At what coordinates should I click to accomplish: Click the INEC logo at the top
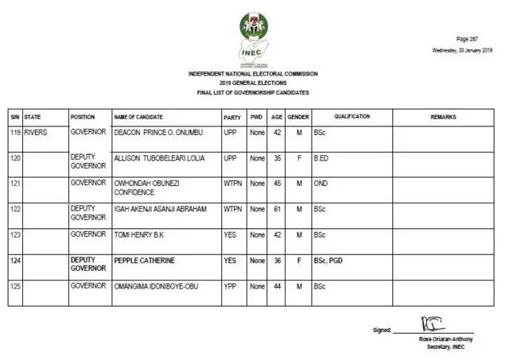tap(254, 37)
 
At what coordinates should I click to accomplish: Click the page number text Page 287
tap(467, 39)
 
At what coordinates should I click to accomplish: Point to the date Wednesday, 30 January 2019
tap(462, 50)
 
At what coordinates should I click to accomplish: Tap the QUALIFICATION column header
tap(352, 117)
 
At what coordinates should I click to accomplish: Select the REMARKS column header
tap(443, 117)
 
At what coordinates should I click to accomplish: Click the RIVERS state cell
tap(36, 133)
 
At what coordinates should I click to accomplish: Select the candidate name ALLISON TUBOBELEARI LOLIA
tap(160, 158)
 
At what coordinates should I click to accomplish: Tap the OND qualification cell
tap(321, 184)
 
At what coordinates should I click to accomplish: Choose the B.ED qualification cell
tap(321, 158)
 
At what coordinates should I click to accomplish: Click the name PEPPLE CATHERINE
tap(145, 260)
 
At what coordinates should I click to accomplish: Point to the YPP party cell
tap(231, 285)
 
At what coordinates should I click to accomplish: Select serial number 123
tap(15, 234)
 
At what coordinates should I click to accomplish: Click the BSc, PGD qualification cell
tap(328, 260)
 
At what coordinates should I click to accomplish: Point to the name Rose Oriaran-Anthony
tap(445, 339)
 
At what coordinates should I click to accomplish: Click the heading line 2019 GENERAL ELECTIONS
tap(253, 83)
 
